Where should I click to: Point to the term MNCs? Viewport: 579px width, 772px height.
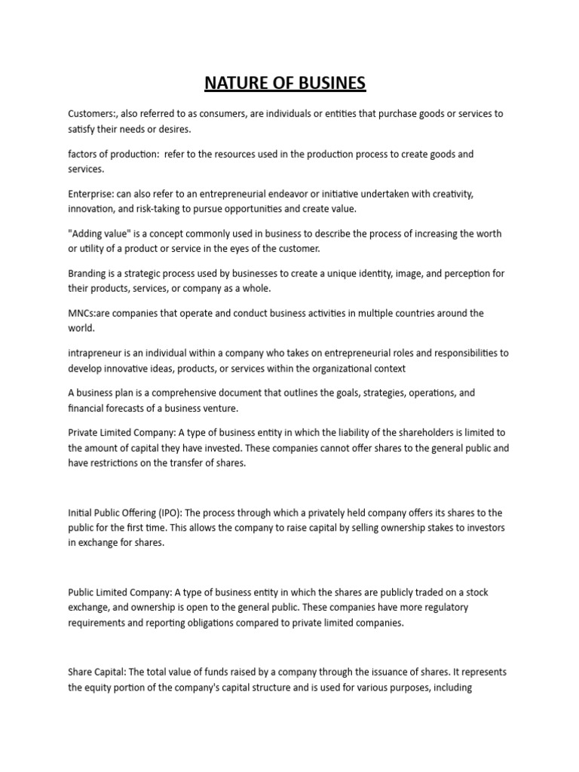click(82, 313)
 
